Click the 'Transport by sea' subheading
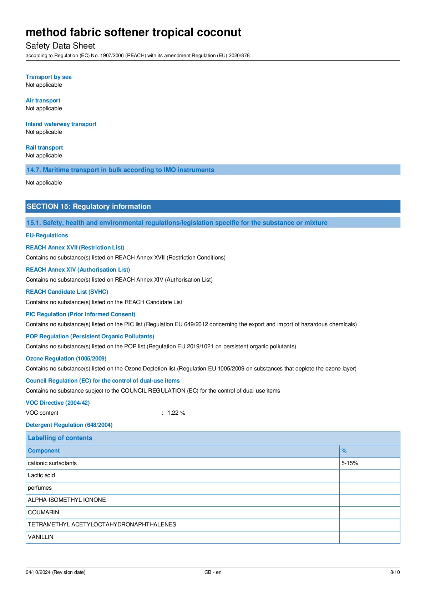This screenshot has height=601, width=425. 49,77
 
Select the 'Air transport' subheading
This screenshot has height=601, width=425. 43,101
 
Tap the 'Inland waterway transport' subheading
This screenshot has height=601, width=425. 61,124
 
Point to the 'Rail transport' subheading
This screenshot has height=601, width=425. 44,148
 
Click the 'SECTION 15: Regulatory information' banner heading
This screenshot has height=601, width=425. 89,206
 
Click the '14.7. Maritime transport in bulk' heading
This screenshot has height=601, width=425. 120,170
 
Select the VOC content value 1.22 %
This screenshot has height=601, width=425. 176,413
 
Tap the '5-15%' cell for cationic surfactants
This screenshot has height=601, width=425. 350,463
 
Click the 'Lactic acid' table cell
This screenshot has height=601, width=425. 41,475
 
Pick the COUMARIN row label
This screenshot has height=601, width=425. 44,512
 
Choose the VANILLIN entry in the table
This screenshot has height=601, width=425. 41,537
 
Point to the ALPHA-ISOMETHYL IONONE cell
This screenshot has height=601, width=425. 67,500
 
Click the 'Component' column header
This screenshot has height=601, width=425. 44,451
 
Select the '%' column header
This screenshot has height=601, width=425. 344,451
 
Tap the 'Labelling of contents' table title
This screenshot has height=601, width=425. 60,438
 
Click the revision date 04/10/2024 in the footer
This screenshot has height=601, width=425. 55,572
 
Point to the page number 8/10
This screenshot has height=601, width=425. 395,572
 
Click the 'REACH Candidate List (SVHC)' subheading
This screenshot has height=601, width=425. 67,292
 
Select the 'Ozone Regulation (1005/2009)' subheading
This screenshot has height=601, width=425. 66,359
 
